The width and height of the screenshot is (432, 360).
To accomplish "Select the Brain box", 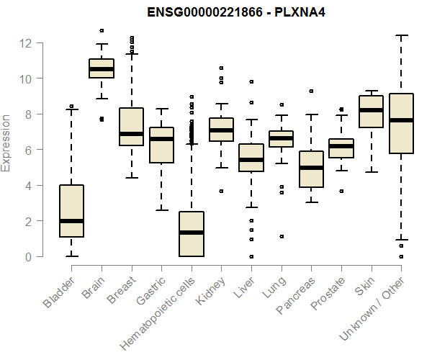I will tap(102, 68).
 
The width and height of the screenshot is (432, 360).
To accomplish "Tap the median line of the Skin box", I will tap(371, 110).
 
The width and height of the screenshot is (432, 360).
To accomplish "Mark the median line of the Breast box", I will tap(131, 134).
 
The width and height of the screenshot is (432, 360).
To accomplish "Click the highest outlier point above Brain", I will tap(102, 31).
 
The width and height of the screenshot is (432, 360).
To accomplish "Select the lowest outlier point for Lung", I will tap(282, 236).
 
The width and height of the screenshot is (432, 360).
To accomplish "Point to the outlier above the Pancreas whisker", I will tap(311, 91).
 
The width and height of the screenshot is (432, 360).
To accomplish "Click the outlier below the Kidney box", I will tap(221, 191).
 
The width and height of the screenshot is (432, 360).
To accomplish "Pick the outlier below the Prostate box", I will tap(341, 191).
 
